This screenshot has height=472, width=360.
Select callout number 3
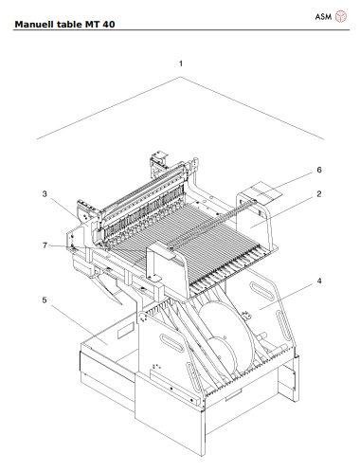coord(44,193)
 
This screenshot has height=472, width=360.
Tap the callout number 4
coord(319,281)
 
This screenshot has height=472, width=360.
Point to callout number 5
coord(44,300)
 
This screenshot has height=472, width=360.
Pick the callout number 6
coord(319,170)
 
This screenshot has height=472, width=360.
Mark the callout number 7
coord(44,245)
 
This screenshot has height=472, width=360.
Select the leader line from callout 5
coord(71,318)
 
